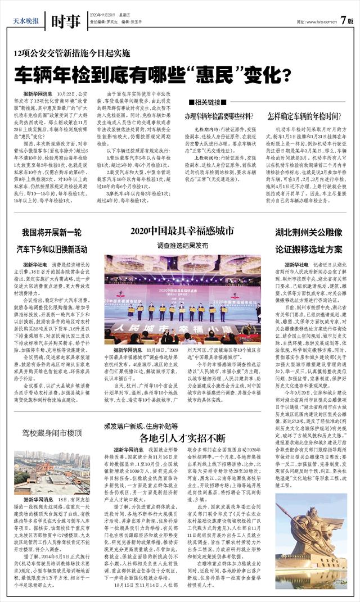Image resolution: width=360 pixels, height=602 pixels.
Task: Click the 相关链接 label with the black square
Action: coord(206,102)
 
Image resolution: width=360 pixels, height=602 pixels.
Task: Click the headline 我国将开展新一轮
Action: coord(50,232)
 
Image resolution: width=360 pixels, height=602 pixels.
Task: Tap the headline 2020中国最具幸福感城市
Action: coord(182,231)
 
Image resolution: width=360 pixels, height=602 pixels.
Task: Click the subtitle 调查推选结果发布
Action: coord(182,246)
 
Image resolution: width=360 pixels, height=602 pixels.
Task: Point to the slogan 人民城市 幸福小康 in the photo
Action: coord(182,327)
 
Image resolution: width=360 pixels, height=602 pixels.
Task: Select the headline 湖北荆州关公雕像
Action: coord(309,232)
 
